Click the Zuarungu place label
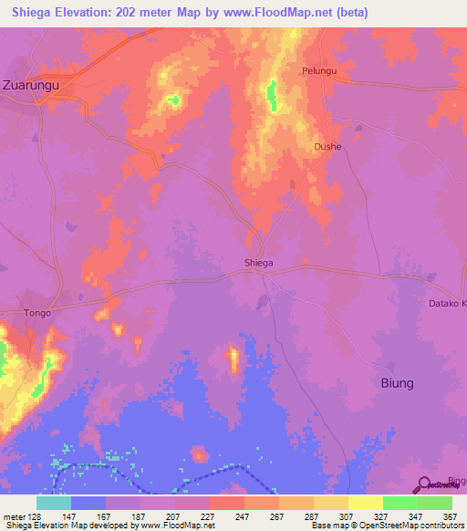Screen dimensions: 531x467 click(x=31, y=85)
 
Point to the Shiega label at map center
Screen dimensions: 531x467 click(x=259, y=263)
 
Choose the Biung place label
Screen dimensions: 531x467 click(x=397, y=382)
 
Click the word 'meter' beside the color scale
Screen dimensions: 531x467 click(x=13, y=515)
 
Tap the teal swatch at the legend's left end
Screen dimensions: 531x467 click(x=54, y=503)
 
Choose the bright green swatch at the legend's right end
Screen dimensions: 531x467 click(x=434, y=503)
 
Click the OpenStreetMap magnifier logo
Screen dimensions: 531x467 click(x=426, y=484)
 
